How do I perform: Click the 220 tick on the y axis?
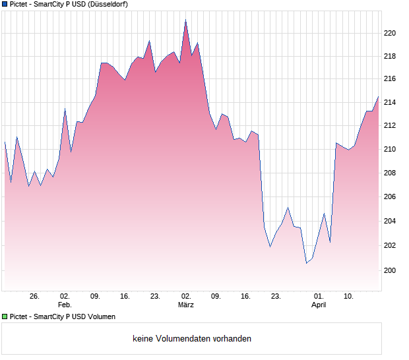[x=390, y=33]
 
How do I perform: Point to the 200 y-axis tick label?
[x=390, y=270]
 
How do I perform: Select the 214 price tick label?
[x=390, y=102]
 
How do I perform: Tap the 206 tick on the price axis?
[x=390, y=197]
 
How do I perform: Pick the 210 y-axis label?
[x=390, y=149]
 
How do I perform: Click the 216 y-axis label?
[x=390, y=78]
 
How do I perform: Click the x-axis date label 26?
[x=35, y=297]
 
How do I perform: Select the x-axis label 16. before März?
[x=125, y=297]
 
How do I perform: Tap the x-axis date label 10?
[x=349, y=297]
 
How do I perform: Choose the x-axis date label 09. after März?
[x=216, y=297]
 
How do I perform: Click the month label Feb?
[x=65, y=305]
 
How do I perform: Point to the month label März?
[x=186, y=305]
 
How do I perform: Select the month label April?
[x=319, y=305]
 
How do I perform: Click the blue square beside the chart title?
[x=5, y=4]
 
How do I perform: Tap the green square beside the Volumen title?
[x=5, y=316]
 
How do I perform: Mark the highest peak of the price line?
[x=185, y=20]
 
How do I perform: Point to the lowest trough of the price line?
[x=306, y=263]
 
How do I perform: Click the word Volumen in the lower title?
[x=102, y=316]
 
